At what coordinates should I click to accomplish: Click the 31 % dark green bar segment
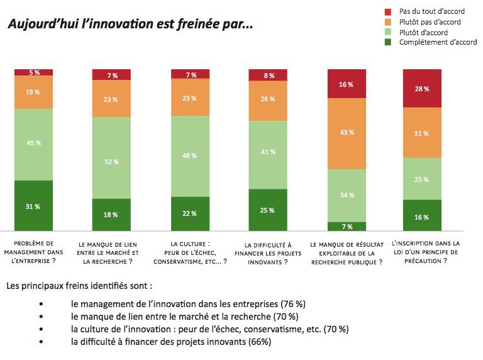(33, 206)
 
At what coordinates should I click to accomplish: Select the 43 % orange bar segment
(347, 133)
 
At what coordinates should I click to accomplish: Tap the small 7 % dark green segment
(347, 226)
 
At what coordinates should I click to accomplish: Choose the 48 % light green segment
(191, 156)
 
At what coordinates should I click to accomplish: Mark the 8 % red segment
(268, 75)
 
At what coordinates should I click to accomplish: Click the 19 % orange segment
(33, 92)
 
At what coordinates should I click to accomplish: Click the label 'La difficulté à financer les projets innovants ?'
(269, 253)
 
